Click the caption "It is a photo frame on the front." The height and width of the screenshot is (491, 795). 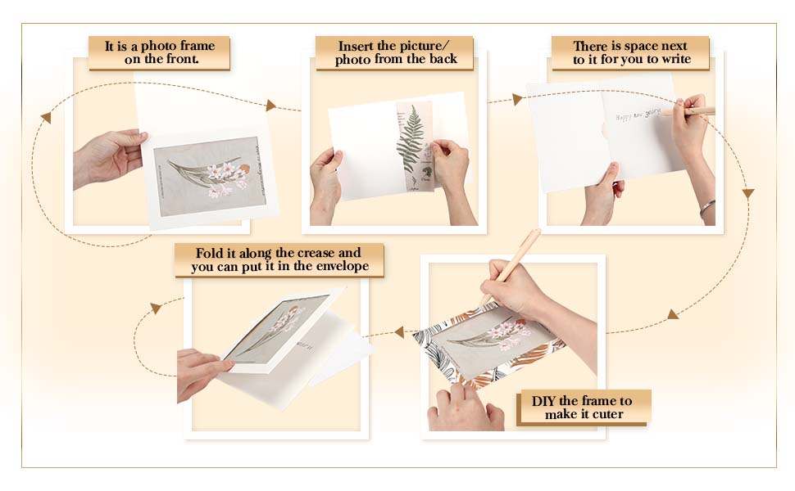(x=159, y=52)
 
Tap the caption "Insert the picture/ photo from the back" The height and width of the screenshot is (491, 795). (x=394, y=52)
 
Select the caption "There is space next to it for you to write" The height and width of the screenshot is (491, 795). (x=629, y=52)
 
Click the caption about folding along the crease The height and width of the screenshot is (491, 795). (x=279, y=259)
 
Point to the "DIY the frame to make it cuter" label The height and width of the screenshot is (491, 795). (x=583, y=407)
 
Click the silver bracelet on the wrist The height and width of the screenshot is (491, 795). (x=706, y=208)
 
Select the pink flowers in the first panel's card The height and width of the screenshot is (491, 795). (x=221, y=178)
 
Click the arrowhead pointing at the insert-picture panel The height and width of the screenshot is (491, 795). (x=271, y=106)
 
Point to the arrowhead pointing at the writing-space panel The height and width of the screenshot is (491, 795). (x=517, y=100)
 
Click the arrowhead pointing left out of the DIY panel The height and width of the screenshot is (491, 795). (x=399, y=332)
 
